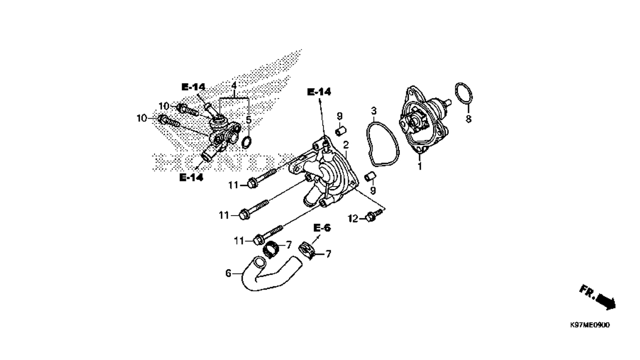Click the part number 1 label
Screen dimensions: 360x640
click(420, 166)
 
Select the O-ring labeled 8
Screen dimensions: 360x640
click(464, 93)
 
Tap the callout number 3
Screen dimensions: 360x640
click(373, 111)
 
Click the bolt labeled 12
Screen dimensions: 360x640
click(374, 216)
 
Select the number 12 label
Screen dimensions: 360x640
click(353, 218)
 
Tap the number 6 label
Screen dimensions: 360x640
click(228, 273)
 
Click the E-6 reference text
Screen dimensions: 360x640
click(322, 228)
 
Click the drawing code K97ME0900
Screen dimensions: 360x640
click(590, 324)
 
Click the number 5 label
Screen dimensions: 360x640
click(249, 120)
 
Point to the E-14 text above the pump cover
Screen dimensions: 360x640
click(319, 92)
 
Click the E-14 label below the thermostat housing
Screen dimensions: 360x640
click(192, 178)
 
